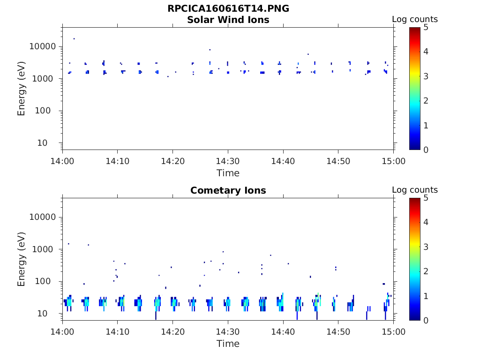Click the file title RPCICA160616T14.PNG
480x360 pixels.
pos(228,9)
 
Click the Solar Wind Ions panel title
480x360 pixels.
pos(228,20)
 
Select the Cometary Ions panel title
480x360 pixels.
pos(228,191)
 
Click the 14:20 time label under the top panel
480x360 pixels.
pos(172,161)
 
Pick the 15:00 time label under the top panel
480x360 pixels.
pos(393,161)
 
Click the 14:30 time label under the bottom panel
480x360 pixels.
pos(228,332)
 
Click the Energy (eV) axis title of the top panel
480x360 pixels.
pos(22,88)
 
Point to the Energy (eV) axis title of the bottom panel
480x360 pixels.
pos(22,259)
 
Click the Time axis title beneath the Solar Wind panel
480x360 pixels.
pos(228,173)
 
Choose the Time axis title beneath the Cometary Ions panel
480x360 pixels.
pos(228,344)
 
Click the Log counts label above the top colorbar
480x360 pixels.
pos(414,20)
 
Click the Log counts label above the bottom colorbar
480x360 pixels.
pos(414,190)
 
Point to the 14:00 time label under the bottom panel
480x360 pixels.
pos(62,332)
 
